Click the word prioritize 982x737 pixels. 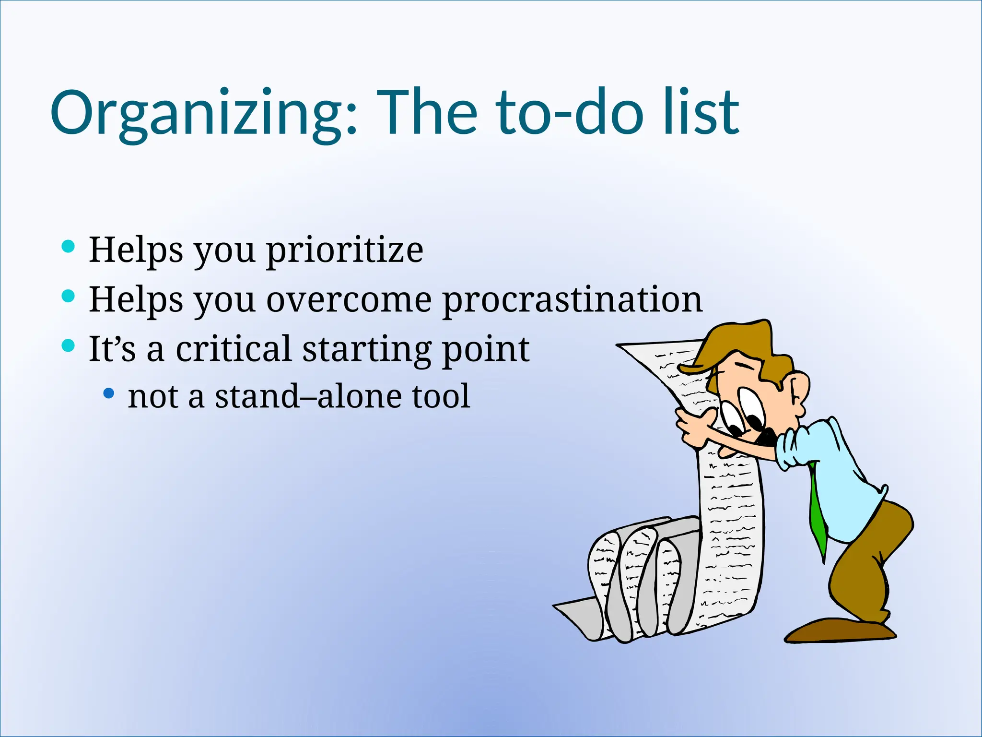tap(344, 250)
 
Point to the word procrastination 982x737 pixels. tap(572, 300)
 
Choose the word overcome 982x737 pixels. tap(349, 300)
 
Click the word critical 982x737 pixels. tap(234, 349)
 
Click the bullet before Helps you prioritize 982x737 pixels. tap(69, 246)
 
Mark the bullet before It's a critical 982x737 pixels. tap(69, 345)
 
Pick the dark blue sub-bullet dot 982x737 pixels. tap(109, 393)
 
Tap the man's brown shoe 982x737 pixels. tap(839, 631)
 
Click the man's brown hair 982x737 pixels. tap(738, 343)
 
